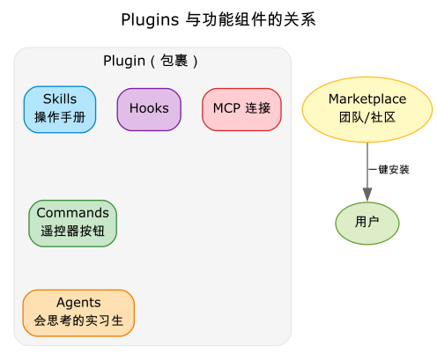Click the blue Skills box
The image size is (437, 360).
60,109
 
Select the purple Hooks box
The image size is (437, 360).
149,109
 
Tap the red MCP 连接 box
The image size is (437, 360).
241,109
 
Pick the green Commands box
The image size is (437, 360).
73,224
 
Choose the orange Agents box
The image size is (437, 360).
78,313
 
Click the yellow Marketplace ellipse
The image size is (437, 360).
367,109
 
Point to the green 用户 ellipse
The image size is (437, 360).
367,224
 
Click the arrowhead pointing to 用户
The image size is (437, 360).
367,195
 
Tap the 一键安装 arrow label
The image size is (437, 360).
389,170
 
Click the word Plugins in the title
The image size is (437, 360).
150,20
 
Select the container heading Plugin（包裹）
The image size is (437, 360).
151,61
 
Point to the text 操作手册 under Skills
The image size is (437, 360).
60,117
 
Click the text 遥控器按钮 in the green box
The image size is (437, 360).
73,231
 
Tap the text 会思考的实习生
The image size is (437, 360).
78,320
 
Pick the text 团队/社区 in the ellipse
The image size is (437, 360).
367,117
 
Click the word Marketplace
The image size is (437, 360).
367,99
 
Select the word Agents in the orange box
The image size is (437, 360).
78,303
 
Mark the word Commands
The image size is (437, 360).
73,213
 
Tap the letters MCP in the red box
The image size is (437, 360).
226,108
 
